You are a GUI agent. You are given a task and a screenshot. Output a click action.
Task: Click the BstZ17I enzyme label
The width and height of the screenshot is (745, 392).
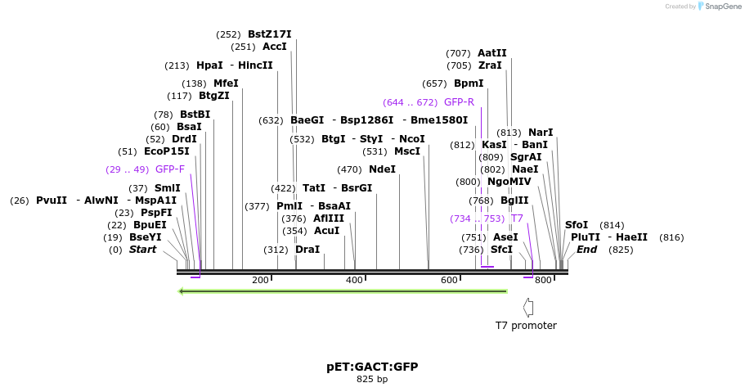pos(269,34)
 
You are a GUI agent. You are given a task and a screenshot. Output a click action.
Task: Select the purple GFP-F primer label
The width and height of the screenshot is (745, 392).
pos(170,169)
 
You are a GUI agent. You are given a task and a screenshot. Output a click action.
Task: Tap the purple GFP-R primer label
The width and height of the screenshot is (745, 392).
pos(459,102)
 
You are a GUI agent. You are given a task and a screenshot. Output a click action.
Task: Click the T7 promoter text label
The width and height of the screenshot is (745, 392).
pos(526,326)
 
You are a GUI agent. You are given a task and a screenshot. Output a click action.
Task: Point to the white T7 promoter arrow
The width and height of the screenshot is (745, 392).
pos(528,308)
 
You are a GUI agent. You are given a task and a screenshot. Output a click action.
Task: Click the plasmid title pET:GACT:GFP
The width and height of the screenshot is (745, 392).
pos(372,367)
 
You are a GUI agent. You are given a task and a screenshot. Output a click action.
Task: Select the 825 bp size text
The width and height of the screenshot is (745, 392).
pos(372,380)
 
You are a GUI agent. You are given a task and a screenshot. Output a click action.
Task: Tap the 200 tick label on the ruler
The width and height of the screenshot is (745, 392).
pos(260,281)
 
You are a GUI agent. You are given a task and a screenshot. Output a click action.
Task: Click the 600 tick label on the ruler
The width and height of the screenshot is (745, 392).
pos(449,281)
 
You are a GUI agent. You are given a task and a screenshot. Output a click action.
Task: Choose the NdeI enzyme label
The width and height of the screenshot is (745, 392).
pos(382,169)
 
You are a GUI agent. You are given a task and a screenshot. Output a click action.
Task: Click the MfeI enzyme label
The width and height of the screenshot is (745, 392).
pos(226,83)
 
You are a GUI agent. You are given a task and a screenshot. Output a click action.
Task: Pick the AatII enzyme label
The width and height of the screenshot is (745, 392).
pos(492,53)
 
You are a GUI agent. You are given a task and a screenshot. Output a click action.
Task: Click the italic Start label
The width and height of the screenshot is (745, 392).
pos(142,250)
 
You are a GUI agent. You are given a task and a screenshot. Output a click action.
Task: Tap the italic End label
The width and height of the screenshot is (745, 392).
pos(586,250)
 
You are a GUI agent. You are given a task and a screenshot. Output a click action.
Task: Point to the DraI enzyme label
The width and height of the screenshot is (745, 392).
pos(307,250)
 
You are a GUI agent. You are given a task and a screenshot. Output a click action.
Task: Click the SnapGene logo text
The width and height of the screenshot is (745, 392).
pos(719,7)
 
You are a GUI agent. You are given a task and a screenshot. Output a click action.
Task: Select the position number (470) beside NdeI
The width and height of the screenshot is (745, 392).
pos(349,169)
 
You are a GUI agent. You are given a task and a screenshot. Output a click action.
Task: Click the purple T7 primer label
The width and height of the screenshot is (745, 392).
pos(517,219)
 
